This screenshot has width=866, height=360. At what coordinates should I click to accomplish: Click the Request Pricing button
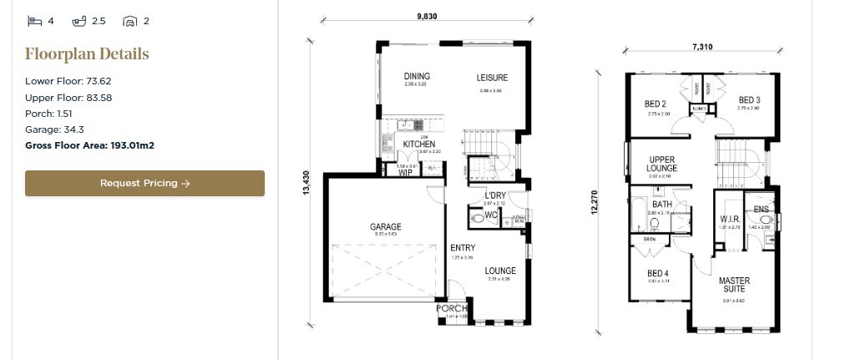click(144, 184)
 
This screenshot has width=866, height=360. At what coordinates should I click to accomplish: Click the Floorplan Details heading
click(87, 54)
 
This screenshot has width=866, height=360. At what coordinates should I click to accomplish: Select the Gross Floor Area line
click(89, 145)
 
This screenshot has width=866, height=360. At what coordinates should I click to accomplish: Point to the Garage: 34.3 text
click(54, 129)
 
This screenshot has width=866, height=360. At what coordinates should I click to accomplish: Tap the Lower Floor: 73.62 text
click(68, 81)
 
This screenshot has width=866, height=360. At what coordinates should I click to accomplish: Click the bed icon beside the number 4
click(34, 21)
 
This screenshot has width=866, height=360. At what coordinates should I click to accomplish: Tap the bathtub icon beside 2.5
click(80, 21)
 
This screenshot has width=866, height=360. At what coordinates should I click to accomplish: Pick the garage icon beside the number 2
click(129, 21)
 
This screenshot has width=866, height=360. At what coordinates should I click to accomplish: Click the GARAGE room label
click(386, 226)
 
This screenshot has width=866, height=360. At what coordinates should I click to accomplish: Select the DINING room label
click(416, 76)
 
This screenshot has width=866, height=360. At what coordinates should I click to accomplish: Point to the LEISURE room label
click(492, 78)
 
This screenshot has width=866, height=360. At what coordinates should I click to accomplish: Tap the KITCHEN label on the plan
click(418, 145)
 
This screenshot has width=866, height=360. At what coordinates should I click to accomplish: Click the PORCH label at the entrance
click(452, 309)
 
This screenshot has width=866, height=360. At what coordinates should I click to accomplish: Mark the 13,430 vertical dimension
click(306, 183)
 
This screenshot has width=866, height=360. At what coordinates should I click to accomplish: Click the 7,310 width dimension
click(702, 48)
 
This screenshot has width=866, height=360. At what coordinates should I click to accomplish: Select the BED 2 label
click(654, 104)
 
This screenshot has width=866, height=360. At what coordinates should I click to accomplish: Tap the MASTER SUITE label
click(734, 284)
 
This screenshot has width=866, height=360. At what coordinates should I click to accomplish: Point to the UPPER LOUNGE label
click(662, 163)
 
